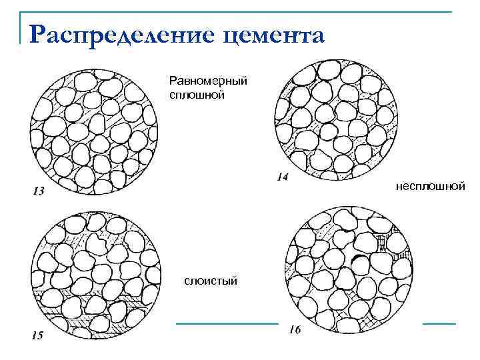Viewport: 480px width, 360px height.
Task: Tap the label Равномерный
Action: tap(208, 81)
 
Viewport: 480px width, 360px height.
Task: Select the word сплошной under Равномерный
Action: tap(197, 94)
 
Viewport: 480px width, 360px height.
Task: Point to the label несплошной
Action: tap(430, 186)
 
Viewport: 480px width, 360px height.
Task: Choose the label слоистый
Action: tap(211, 282)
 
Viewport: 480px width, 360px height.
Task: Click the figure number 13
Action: tap(39, 191)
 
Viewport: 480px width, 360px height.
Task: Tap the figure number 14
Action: tap(282, 177)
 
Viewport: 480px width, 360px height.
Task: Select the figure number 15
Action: tap(37, 335)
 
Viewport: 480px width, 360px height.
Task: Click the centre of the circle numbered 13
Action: tap(95, 129)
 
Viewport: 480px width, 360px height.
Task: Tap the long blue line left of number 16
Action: tap(227, 323)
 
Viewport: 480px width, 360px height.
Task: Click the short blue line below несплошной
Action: tap(439, 323)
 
